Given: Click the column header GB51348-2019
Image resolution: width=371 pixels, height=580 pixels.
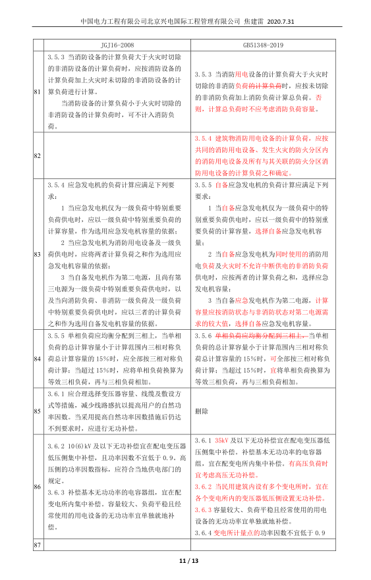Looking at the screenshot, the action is coord(263,45).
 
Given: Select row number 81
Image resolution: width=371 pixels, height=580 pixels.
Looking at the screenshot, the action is coord(37,91).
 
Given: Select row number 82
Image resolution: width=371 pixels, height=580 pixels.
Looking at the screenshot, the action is coord(37,155).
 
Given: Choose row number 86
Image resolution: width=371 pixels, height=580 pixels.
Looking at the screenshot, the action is coord(37,487).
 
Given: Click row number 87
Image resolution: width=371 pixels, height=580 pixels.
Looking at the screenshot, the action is coord(37,546).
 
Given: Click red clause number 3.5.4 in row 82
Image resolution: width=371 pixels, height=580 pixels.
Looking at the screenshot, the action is coord(205,138).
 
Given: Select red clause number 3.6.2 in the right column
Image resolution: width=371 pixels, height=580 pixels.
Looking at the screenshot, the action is coord(205,487).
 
